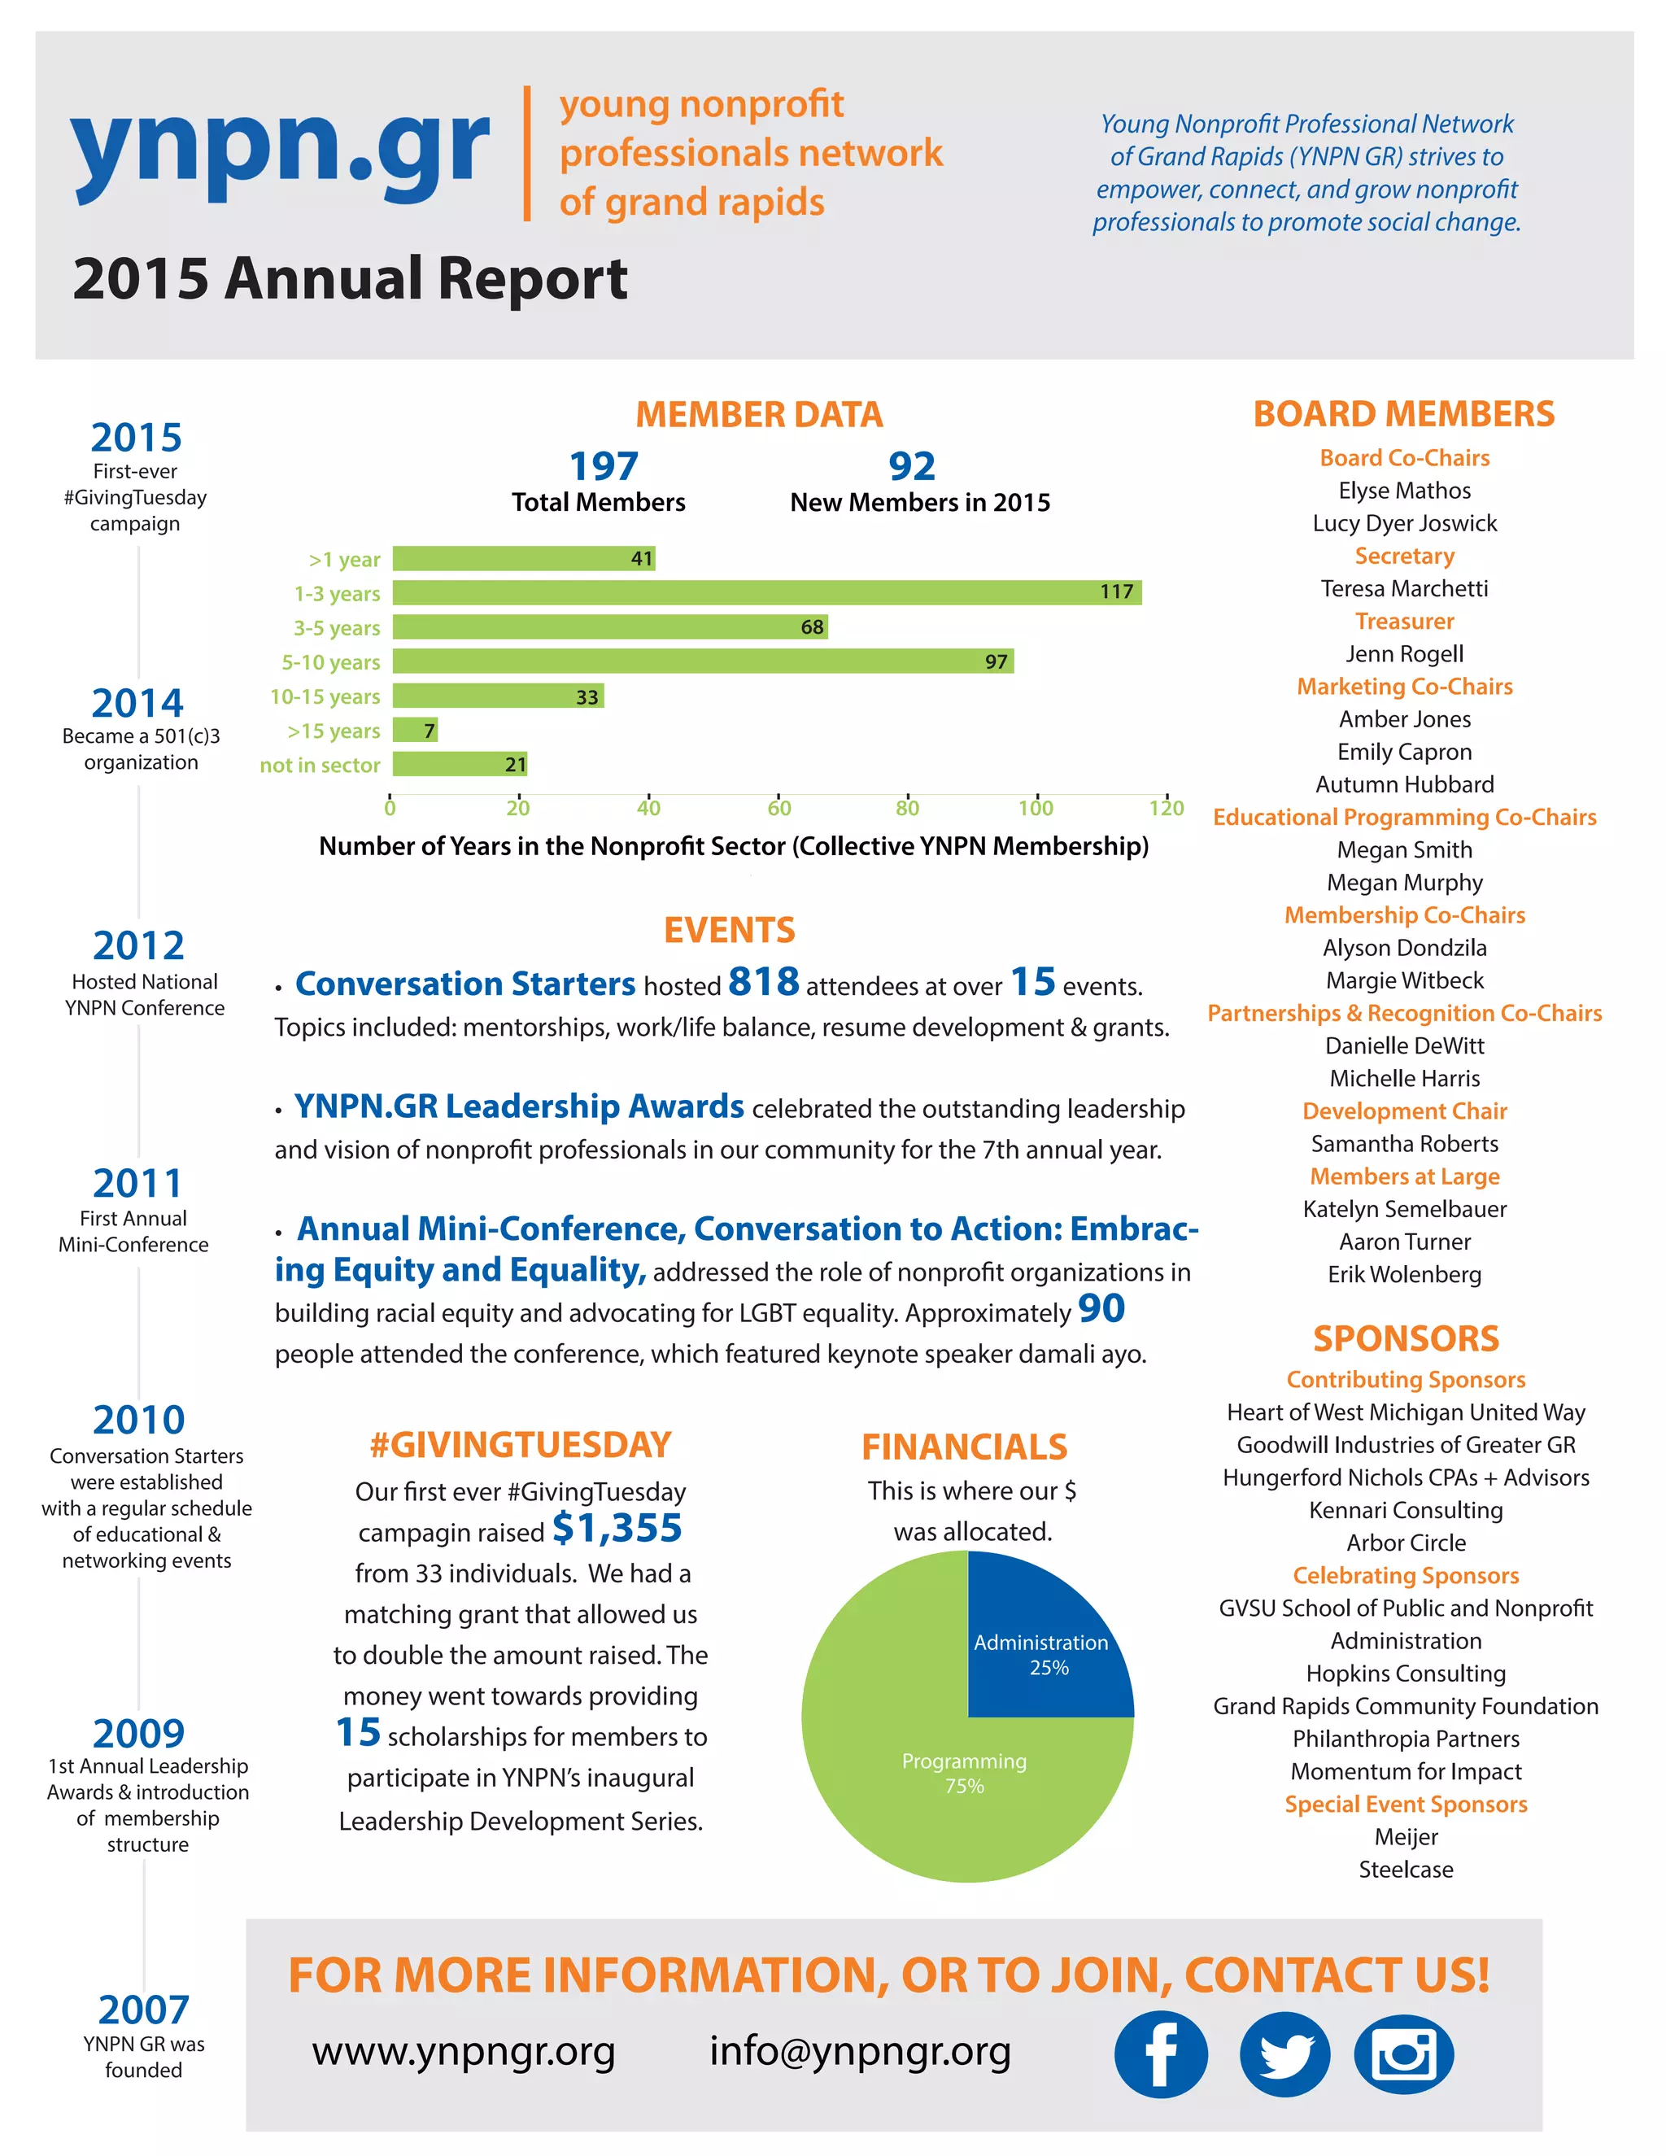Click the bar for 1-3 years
(765, 592)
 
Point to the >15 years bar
(415, 731)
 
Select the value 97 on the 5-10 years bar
(996, 661)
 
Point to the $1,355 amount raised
(617, 1528)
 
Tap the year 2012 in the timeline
(138, 945)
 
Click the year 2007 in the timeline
(143, 2009)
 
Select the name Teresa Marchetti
(1403, 588)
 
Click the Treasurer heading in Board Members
(1403, 621)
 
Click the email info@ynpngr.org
(860, 2051)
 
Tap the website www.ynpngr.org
(464, 2051)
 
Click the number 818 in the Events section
(763, 982)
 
